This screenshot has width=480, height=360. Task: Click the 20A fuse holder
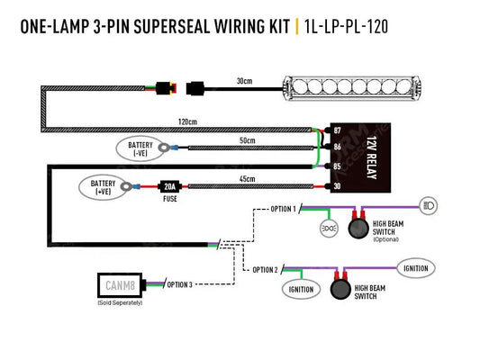coord(168,187)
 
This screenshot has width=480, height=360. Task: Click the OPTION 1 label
coord(282,209)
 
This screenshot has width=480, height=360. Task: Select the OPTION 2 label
coord(264,269)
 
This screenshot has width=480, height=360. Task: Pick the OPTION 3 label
coord(181,285)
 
